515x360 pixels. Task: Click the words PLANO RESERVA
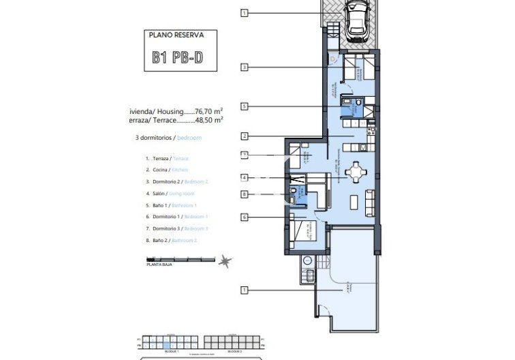pos(177,33)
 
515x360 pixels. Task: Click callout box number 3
pos(245,67)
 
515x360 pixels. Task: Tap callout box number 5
pos(245,106)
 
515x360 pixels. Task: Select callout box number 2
pos(245,136)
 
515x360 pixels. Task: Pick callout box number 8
pos(245,194)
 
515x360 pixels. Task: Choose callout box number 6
pos(245,217)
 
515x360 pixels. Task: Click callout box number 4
pos(245,178)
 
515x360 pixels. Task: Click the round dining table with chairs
pos(356,171)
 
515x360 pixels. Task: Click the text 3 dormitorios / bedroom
pos(168,138)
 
